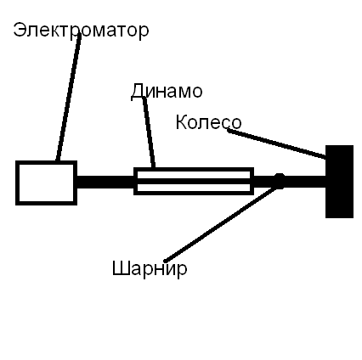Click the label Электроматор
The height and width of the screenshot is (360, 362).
pos(81,31)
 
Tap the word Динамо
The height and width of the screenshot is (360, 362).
pos(167,91)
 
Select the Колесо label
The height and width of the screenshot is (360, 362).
pos(208,122)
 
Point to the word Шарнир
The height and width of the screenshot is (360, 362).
pos(150,268)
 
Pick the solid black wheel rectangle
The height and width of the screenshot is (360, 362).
pos(339,182)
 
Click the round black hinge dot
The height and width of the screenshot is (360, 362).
pos(280,181)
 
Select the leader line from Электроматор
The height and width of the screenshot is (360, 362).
pos(68,98)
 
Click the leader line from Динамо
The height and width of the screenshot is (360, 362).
pos(149,132)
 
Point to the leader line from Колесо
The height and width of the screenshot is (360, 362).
pos(276,143)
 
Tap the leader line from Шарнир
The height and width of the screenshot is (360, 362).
pos(221,223)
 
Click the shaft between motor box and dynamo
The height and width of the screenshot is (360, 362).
pos(105,182)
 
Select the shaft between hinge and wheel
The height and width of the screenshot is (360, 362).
pos(305,182)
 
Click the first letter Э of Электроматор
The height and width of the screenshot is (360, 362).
pos(19,30)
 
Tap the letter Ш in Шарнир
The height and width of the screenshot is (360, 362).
pos(120,268)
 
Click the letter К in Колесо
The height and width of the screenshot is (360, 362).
pos(182,122)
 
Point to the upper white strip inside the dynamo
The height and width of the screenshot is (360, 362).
pos(194,175)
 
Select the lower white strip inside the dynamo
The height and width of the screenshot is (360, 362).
pos(194,188)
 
